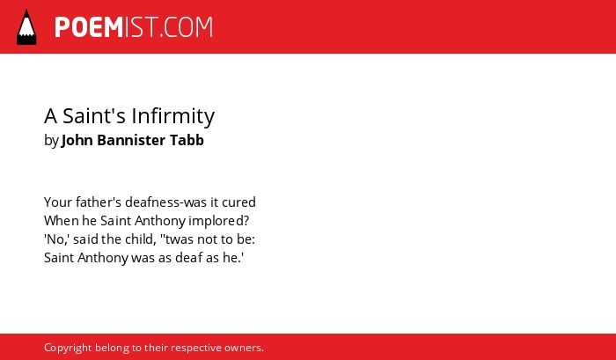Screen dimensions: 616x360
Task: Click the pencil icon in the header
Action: (26, 26)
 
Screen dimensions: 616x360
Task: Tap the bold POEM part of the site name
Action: (89, 27)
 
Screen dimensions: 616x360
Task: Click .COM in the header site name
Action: (187, 27)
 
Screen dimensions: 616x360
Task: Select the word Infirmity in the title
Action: (172, 116)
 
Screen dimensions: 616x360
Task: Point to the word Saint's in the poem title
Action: (94, 116)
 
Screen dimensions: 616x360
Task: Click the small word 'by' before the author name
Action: (51, 140)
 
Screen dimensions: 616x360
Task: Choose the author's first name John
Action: (77, 140)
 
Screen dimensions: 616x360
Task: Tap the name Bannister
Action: (131, 140)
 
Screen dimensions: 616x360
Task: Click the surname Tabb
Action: (187, 140)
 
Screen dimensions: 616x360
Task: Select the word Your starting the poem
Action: (58, 202)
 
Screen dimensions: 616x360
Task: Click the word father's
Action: (99, 202)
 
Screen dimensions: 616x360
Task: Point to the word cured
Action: (238, 202)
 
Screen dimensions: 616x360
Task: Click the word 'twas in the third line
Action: (175, 239)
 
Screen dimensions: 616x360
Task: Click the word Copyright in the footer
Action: (68, 349)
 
